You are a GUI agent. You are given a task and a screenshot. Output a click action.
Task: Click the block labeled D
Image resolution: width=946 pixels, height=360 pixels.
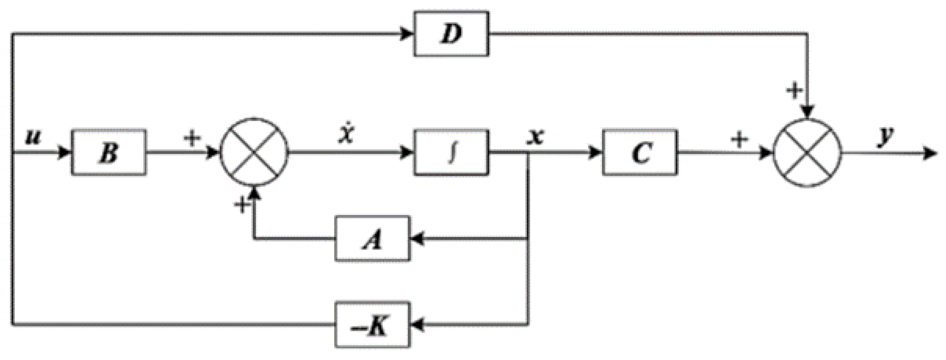point(451,34)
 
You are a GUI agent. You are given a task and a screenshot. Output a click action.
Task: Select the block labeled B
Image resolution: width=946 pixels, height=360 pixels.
point(109,152)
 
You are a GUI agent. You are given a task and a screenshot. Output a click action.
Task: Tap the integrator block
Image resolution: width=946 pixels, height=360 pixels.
point(451,152)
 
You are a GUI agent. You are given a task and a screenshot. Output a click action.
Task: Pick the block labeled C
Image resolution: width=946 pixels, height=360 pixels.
point(640,152)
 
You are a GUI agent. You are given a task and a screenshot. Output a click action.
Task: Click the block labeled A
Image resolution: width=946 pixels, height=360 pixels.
point(372,239)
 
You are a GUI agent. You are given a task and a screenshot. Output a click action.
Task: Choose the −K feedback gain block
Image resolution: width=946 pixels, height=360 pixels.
point(372,325)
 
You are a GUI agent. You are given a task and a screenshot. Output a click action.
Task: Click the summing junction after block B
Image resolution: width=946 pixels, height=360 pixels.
point(254,152)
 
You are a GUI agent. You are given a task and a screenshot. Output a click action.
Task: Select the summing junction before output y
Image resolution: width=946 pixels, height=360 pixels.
point(808,153)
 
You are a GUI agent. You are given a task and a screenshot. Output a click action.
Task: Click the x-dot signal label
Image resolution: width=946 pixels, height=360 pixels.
point(346,134)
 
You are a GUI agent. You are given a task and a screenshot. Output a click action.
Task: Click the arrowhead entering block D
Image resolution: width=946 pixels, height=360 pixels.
point(407,34)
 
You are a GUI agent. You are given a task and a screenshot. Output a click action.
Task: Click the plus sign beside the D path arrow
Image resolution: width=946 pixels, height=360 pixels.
point(794,90)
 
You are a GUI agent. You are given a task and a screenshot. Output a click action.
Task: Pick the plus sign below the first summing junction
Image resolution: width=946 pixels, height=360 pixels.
point(242,205)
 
